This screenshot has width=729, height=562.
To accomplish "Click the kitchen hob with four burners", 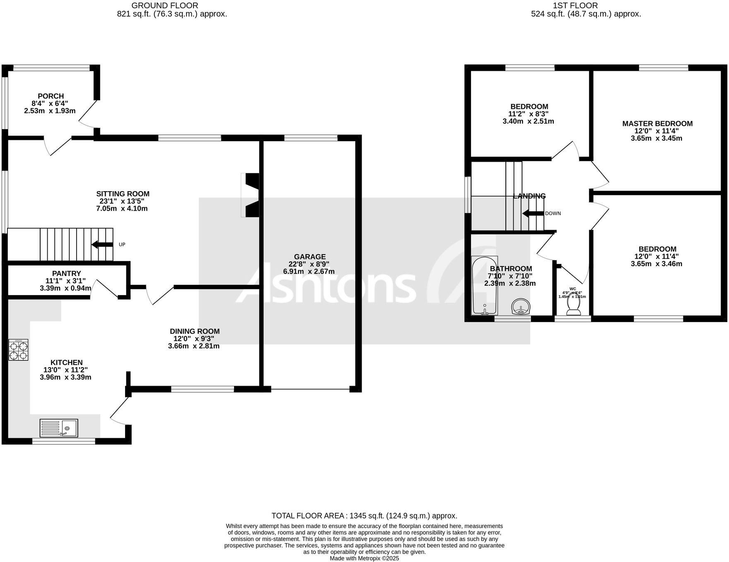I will click(x=19, y=350).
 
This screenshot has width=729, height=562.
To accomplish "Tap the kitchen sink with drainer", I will click(x=58, y=428).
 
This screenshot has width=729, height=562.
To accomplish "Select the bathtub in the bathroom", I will click(x=485, y=286).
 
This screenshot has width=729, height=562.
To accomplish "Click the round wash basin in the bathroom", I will click(x=521, y=307).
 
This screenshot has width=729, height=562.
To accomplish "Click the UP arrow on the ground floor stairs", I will click(x=101, y=245).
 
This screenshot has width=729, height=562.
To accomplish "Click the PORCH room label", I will click(x=51, y=96).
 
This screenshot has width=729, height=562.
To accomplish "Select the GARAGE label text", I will click(x=309, y=257).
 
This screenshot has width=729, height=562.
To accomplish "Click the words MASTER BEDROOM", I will click(x=657, y=123).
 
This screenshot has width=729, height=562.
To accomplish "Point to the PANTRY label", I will click(x=66, y=273).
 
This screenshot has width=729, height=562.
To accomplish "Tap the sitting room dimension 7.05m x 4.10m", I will click(x=122, y=209).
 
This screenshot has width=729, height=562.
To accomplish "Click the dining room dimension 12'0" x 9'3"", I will click(x=194, y=339).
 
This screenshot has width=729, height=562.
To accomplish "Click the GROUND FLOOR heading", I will click(x=164, y=5).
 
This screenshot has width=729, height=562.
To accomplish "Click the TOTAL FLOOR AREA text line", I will click(x=364, y=516).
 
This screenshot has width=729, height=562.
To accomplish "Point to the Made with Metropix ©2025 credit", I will click(x=364, y=558).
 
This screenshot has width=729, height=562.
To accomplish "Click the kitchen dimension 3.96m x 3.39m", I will click(x=65, y=377).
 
